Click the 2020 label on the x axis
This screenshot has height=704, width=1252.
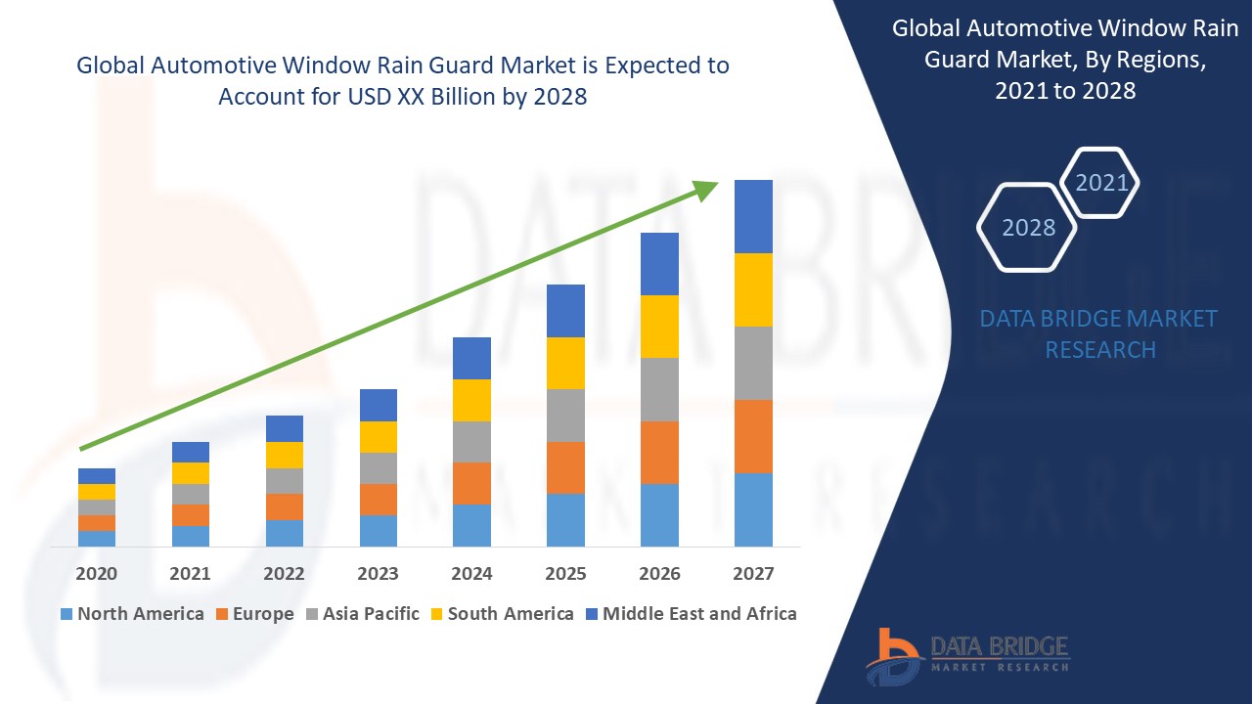96,573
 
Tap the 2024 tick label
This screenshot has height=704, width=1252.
471,573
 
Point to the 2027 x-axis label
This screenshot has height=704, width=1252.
753,573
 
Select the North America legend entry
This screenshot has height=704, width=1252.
132,614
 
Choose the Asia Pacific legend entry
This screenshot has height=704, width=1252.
363,614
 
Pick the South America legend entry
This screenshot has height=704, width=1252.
501,614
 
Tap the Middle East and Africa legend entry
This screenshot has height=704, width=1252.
691,614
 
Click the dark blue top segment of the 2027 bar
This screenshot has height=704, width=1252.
753,216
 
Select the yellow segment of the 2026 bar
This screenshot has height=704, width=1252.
659,326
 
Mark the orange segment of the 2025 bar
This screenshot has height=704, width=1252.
565,467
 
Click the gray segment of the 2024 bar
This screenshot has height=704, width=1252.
471,441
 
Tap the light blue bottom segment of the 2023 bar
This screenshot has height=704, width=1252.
378,530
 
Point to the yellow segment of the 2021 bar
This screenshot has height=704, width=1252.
191,472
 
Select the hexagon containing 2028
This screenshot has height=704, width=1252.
1028,227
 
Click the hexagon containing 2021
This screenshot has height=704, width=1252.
1101,182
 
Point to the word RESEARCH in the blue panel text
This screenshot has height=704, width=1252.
1100,349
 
